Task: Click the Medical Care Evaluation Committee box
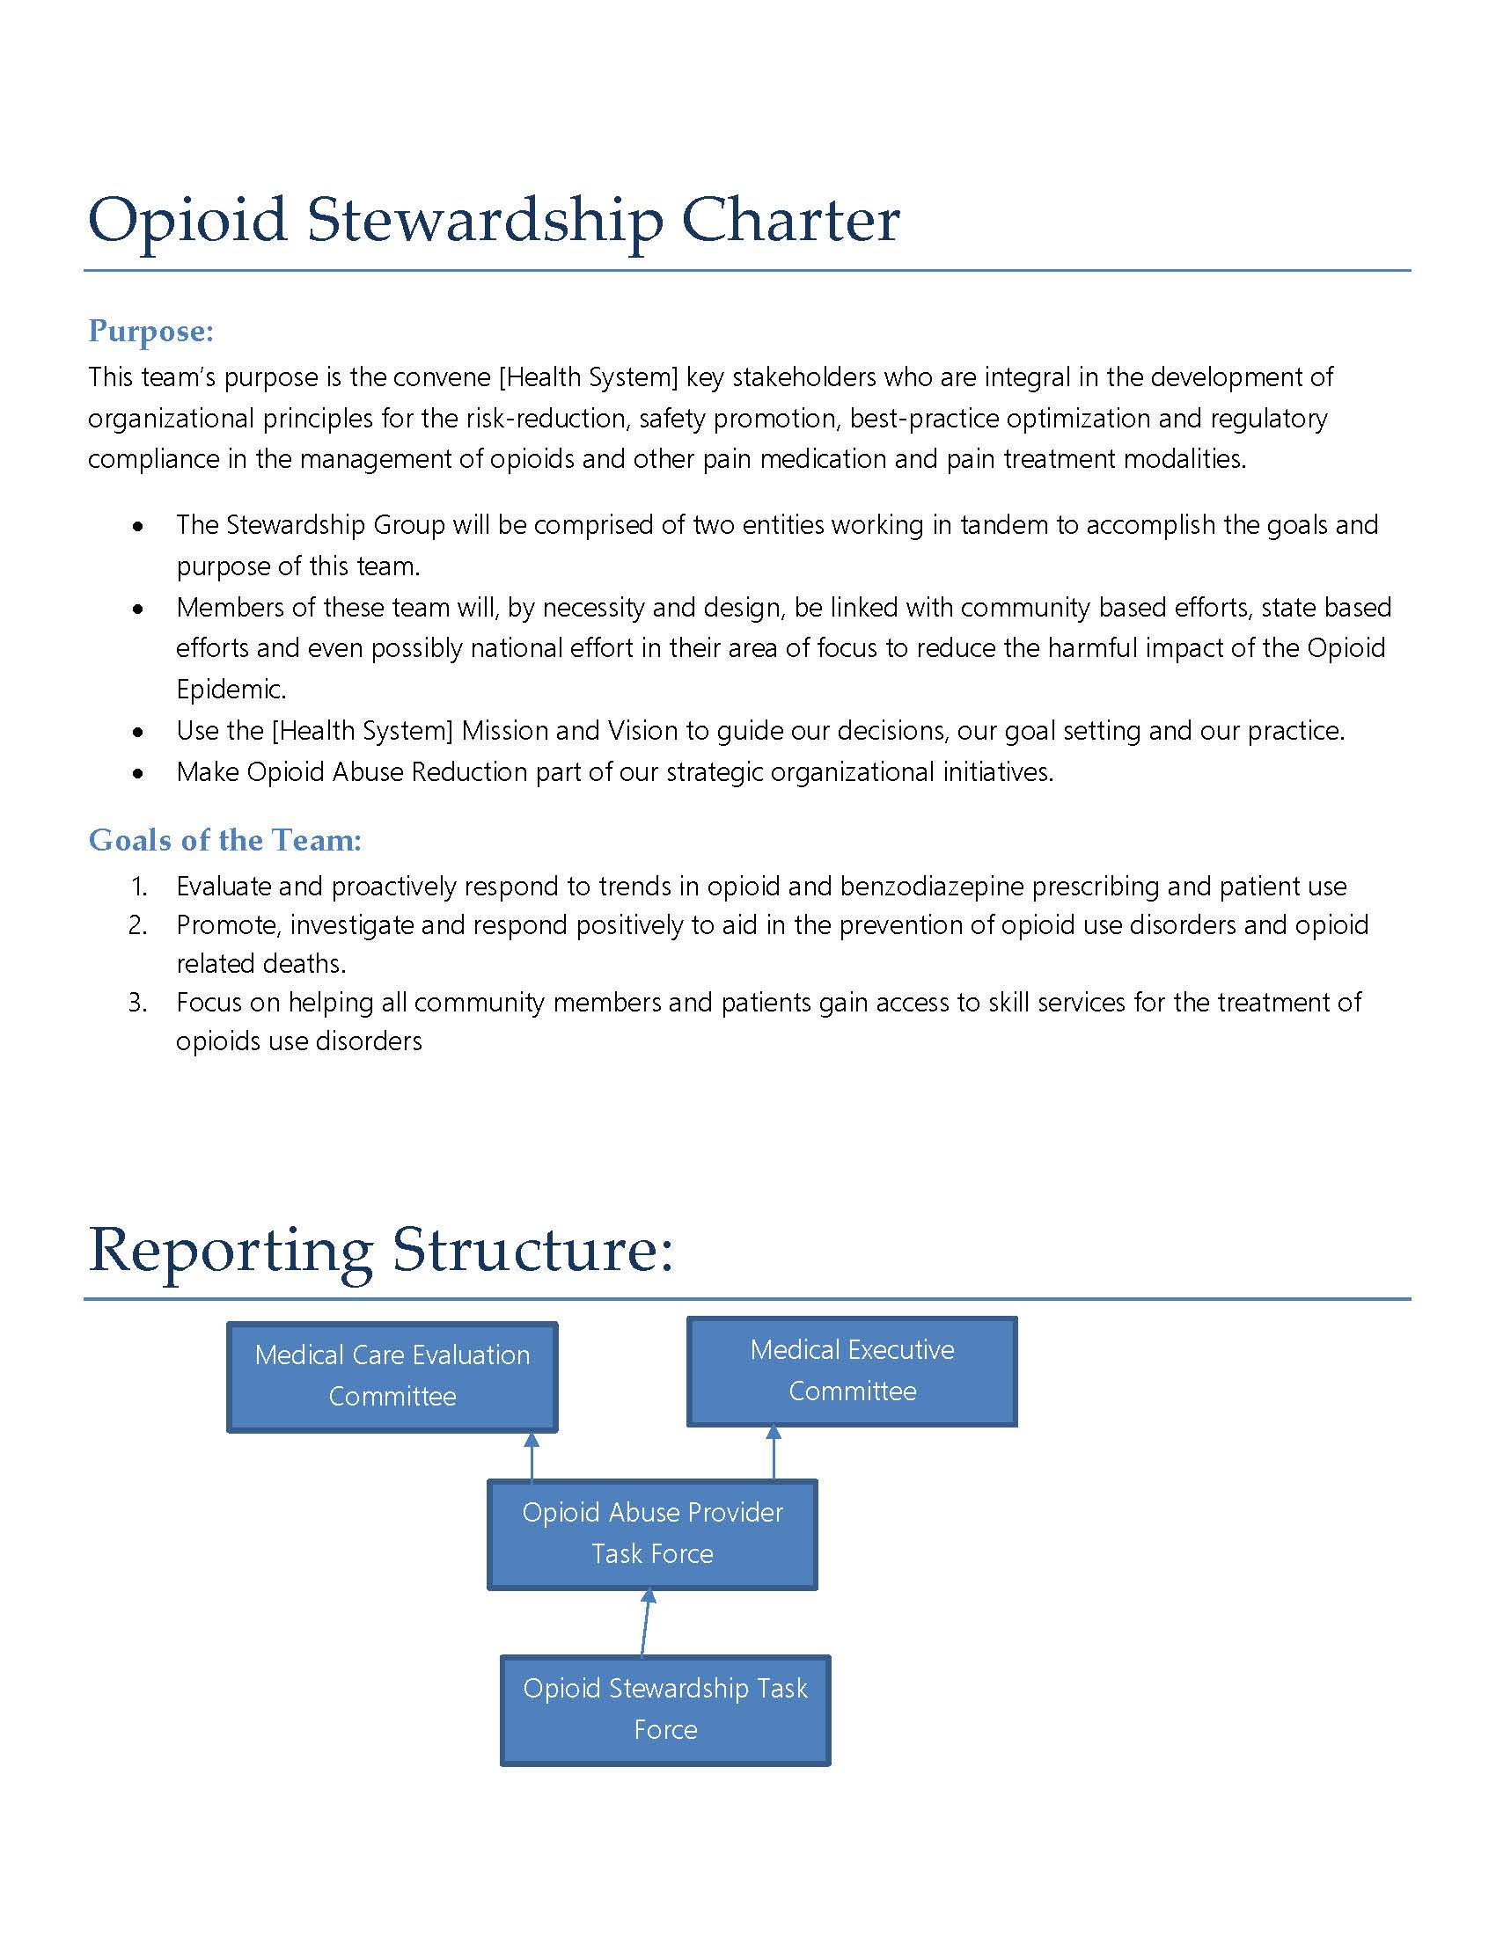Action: (x=392, y=1376)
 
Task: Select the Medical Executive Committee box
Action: (x=852, y=1370)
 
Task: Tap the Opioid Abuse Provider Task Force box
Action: (x=652, y=1534)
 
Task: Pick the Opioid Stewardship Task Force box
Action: (x=664, y=1709)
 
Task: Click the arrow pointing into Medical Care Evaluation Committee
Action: (x=532, y=1456)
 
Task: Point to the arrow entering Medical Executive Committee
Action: (x=774, y=1452)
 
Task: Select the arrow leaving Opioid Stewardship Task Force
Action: (x=646, y=1621)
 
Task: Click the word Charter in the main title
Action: (x=789, y=219)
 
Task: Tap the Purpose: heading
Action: (x=150, y=331)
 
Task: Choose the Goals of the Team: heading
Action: (x=225, y=840)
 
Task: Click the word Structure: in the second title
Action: (x=532, y=1250)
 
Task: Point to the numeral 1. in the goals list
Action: (x=139, y=886)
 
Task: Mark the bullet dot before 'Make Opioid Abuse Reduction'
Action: (x=138, y=772)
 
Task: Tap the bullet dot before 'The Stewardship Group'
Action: (x=138, y=525)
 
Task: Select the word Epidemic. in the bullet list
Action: (x=231, y=690)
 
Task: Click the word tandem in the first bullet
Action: (x=1004, y=525)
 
